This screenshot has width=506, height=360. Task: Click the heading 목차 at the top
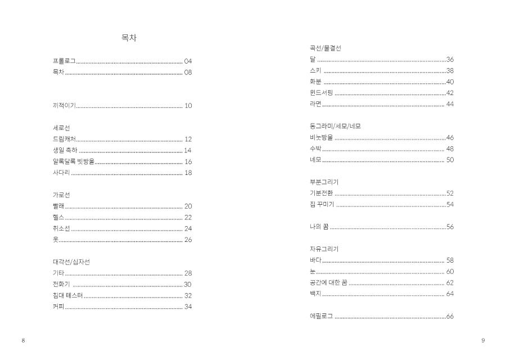pos(129,38)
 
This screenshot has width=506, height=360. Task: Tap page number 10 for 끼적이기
pos(188,106)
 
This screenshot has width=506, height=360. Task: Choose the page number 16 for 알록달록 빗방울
pos(188,161)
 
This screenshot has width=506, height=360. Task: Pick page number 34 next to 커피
pos(188,307)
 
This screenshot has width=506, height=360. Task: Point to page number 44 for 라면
pos(450,104)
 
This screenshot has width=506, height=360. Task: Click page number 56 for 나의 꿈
pos(450,227)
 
